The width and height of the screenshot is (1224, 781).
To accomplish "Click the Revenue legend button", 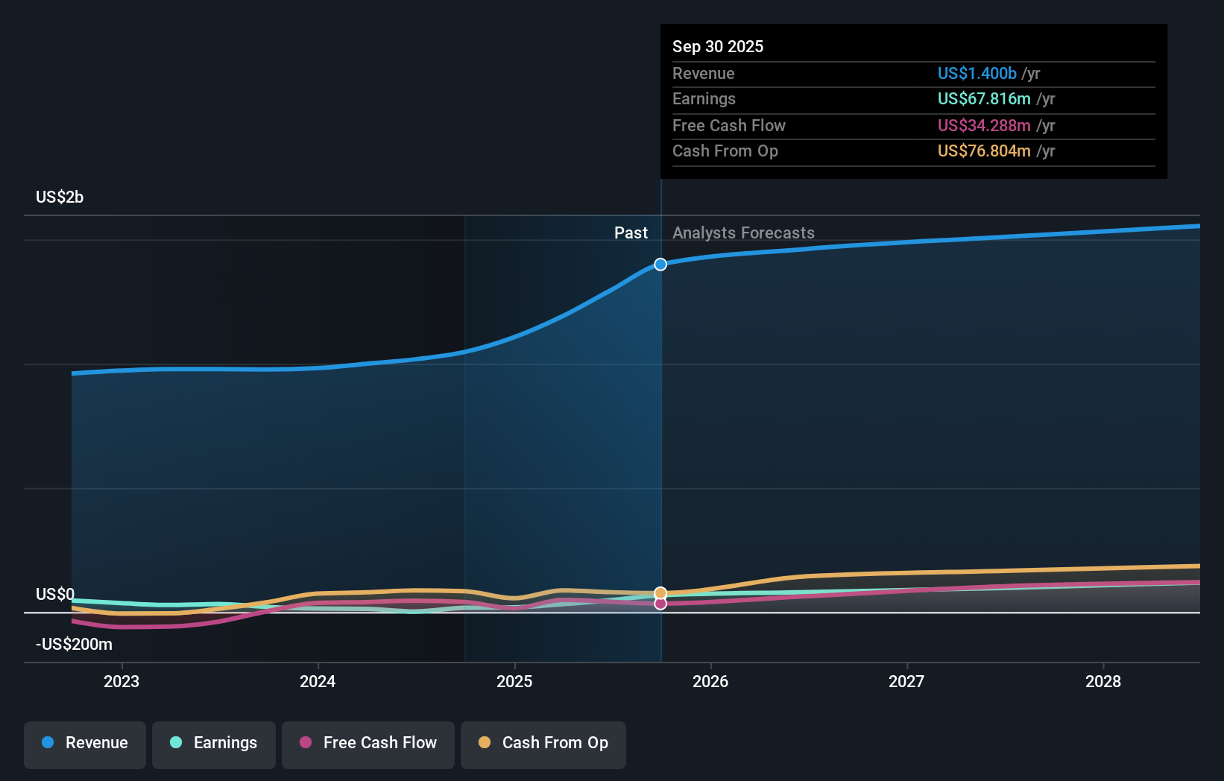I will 85,743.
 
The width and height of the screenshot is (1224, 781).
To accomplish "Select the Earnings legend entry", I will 214,743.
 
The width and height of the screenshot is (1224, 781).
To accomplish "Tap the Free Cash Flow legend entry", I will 368,743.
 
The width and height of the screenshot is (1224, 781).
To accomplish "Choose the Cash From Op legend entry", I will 543,743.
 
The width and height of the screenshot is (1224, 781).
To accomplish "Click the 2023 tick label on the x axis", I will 122,681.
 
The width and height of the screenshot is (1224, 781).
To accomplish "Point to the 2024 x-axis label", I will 318,681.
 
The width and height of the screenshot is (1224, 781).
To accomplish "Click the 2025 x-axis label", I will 514,681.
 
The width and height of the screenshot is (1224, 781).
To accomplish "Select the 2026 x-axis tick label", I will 710,681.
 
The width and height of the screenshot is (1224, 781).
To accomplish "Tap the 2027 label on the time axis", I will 906,681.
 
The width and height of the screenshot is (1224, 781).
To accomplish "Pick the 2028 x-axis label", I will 1103,681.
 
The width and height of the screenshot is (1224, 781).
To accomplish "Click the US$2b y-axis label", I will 60,197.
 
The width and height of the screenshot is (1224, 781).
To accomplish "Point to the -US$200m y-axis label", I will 74,645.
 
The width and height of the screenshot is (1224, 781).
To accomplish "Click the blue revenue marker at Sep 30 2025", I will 660,265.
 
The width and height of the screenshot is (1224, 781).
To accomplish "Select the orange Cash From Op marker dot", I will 660,593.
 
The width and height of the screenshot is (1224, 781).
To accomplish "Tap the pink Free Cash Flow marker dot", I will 660,604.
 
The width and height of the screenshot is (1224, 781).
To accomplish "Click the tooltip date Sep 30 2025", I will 718,46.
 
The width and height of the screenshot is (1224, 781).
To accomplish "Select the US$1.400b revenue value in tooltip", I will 977,73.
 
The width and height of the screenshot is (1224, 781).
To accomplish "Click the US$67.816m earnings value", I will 984,99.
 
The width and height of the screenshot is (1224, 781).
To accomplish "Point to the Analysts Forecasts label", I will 743,233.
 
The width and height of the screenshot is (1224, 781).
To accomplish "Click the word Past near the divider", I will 631,233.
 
